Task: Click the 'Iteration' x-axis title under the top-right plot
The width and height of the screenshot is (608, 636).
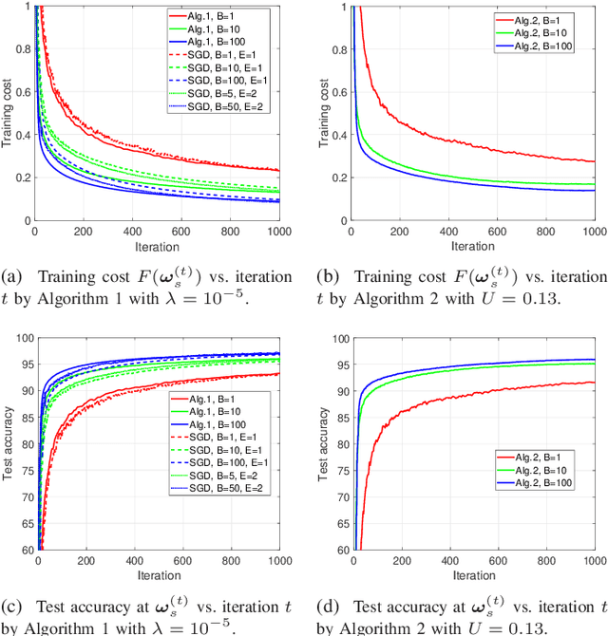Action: tap(472, 246)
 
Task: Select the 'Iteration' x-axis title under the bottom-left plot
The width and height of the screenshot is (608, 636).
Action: tap(158, 576)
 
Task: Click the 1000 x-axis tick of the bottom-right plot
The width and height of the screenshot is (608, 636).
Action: tap(593, 561)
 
